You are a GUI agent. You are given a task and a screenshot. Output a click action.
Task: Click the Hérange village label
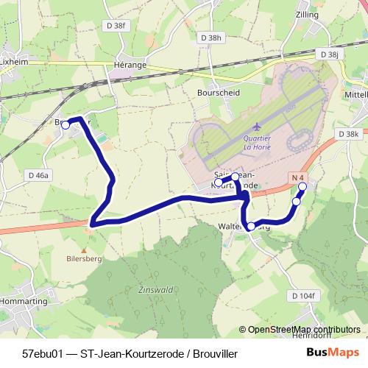pyautogui.click(x=130, y=64)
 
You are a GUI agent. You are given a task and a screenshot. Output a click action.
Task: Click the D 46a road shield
pyautogui.click(x=38, y=175)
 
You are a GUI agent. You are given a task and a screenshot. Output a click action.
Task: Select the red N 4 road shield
pyautogui.click(x=297, y=177)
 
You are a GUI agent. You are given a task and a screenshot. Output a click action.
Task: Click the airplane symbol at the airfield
pyautogui.click(x=255, y=127)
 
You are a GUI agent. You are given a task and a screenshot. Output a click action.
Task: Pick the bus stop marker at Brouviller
pyautogui.click(x=65, y=125)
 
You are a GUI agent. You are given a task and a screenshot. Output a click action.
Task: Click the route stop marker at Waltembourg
pyautogui.click(x=251, y=226)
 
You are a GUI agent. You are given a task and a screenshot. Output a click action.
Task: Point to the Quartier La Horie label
pyautogui.click(x=257, y=143)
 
